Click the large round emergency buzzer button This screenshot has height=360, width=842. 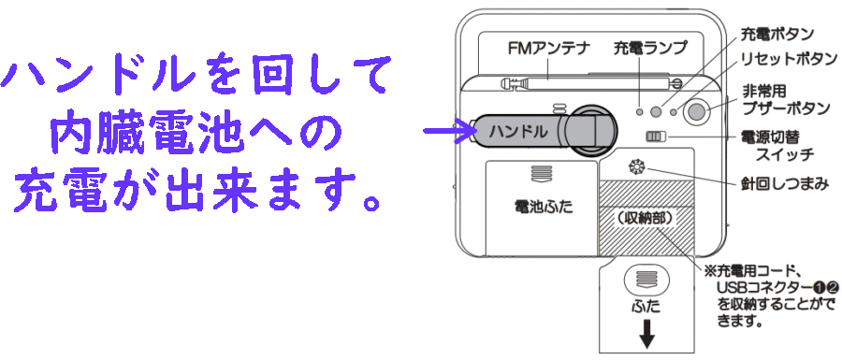click(696, 112)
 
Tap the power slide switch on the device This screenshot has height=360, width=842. click(655, 137)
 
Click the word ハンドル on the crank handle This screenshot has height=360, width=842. click(516, 132)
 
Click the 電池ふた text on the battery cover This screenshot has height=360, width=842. click(540, 206)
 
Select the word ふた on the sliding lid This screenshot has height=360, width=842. click(646, 305)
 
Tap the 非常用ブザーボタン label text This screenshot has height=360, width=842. click(785, 99)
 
